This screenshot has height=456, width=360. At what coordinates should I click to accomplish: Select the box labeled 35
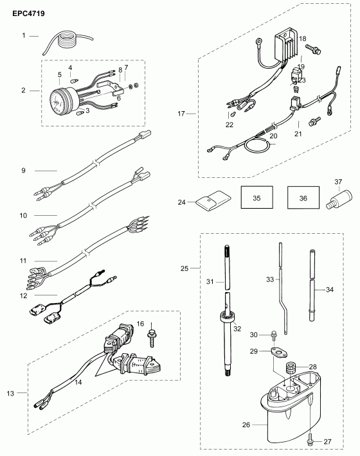click(x=256, y=199)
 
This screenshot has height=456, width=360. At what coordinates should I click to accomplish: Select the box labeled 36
click(x=302, y=199)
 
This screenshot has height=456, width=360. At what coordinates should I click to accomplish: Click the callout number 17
click(x=181, y=113)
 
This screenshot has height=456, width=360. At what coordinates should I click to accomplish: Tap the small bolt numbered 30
click(x=274, y=334)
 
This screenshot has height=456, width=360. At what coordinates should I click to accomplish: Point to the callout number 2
click(x=23, y=91)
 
